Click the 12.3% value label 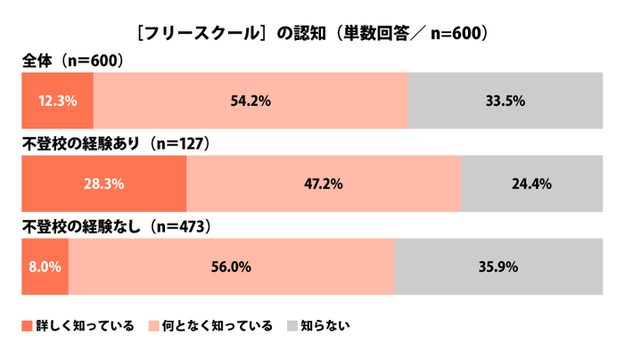pos(57,101)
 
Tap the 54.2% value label pos(250,101)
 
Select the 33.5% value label pos(505,101)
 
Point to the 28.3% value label pos(104,184)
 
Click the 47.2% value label pos(324,184)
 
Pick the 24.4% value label pos(531,184)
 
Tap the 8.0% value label pos(45,266)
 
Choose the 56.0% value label pos(231,266)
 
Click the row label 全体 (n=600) pos(71,61)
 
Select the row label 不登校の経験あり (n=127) pos(114,143)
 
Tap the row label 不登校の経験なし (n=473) pos(115,226)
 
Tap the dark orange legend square pos(26,326)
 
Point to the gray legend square pos(291,326)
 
